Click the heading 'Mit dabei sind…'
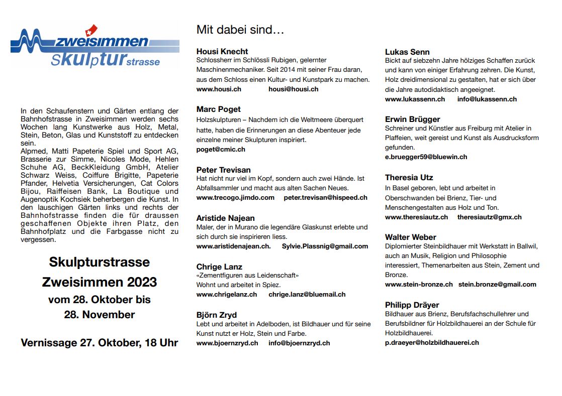(x=240, y=30)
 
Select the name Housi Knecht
(x=222, y=51)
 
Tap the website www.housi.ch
(x=219, y=89)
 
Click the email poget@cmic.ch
(x=221, y=149)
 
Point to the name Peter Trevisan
(x=223, y=170)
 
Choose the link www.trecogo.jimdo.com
(x=235, y=197)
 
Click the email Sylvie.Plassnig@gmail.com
(x=325, y=246)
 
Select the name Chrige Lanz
(x=219, y=267)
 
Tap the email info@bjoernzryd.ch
(x=299, y=343)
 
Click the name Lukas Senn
(x=407, y=52)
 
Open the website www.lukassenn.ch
(x=415, y=99)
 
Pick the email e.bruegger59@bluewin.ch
(x=426, y=157)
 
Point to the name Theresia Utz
(x=409, y=177)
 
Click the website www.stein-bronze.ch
(x=419, y=284)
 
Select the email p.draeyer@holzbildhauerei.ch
(x=432, y=342)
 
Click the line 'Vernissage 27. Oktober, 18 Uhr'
(x=100, y=343)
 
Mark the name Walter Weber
(x=410, y=237)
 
